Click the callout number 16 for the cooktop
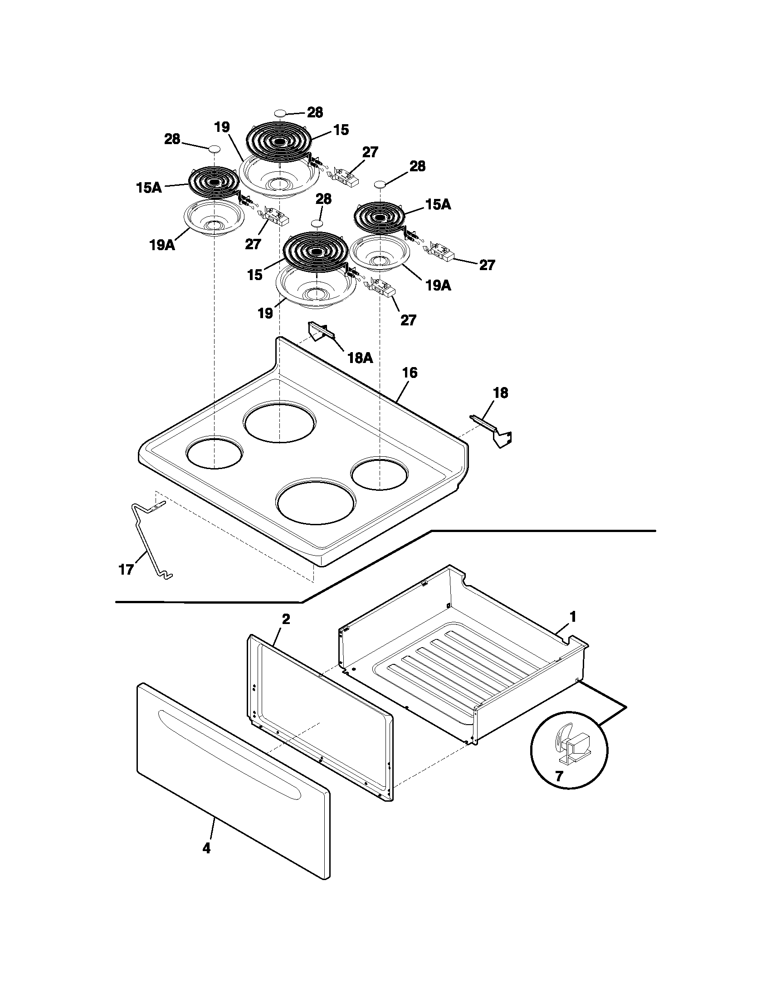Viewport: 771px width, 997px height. [409, 373]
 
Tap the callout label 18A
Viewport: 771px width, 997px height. [360, 358]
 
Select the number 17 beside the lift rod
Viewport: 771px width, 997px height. [126, 570]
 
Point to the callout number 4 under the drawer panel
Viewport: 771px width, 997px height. [206, 849]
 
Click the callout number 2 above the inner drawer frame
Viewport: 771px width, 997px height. [285, 619]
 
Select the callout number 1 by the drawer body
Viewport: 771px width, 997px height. [573, 617]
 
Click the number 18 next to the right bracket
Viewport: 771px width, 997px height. [501, 393]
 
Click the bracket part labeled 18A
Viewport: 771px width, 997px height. [318, 331]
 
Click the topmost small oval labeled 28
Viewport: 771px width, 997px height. [281, 112]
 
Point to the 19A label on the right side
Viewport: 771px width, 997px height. [438, 286]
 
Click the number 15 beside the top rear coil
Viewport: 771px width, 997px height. [341, 130]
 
